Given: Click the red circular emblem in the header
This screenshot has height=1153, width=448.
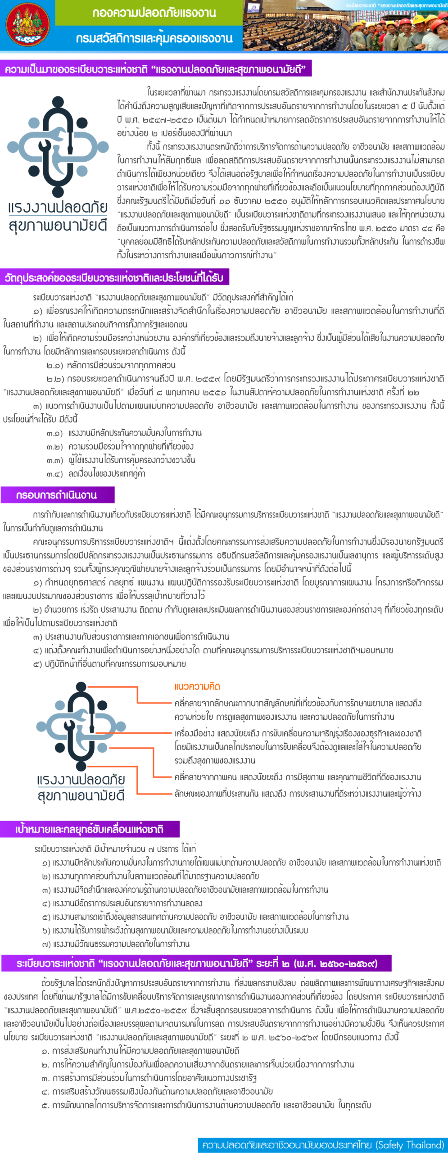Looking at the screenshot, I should point(27,25).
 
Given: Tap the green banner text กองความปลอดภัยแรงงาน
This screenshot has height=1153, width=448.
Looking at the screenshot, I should point(154,13).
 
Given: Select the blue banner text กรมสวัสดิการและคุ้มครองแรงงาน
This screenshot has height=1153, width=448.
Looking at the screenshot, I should point(154,38).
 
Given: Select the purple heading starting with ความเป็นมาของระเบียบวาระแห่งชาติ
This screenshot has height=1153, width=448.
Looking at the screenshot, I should point(155,69).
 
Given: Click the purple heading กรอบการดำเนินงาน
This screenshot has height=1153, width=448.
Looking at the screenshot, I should point(57,495).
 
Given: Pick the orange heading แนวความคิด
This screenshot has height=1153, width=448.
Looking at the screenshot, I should point(197,687).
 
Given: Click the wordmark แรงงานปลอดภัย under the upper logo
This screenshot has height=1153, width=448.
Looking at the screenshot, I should point(58,208).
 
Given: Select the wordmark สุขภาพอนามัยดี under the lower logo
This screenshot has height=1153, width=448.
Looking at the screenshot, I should point(81,796).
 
